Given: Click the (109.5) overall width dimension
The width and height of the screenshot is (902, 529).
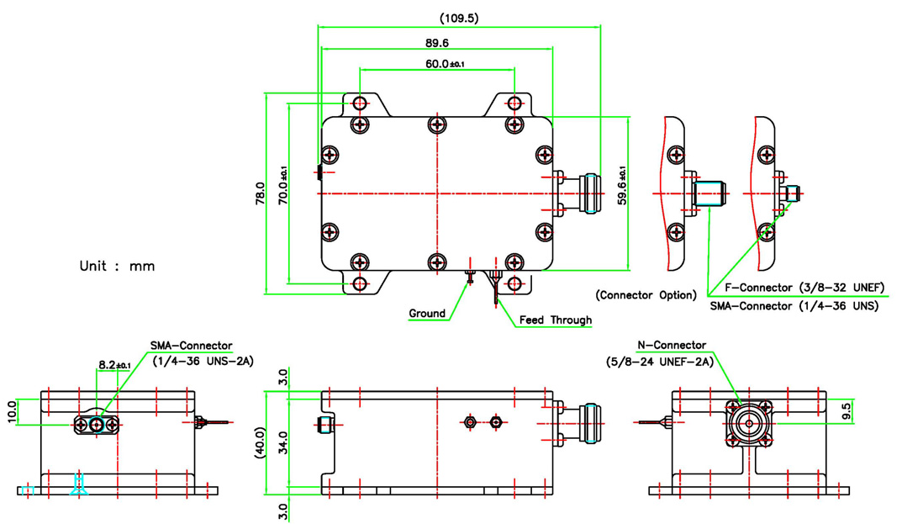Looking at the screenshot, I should (458, 18).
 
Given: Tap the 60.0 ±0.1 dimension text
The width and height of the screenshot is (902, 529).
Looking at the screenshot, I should (445, 63).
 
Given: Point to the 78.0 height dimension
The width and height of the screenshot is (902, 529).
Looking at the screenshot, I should (260, 194).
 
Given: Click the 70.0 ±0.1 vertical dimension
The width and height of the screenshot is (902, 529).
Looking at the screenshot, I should (283, 186).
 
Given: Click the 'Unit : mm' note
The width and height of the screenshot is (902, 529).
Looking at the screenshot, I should (117, 266).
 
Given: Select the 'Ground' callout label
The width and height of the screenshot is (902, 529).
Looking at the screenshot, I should (427, 314).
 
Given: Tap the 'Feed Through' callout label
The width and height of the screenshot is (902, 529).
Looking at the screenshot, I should (555, 320).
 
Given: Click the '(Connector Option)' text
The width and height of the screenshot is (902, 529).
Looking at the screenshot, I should (646, 295).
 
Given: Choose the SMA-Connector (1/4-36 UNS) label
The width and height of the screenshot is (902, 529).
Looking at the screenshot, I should (794, 306).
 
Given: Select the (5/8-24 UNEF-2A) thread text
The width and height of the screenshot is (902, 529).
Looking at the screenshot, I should (659, 362).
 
